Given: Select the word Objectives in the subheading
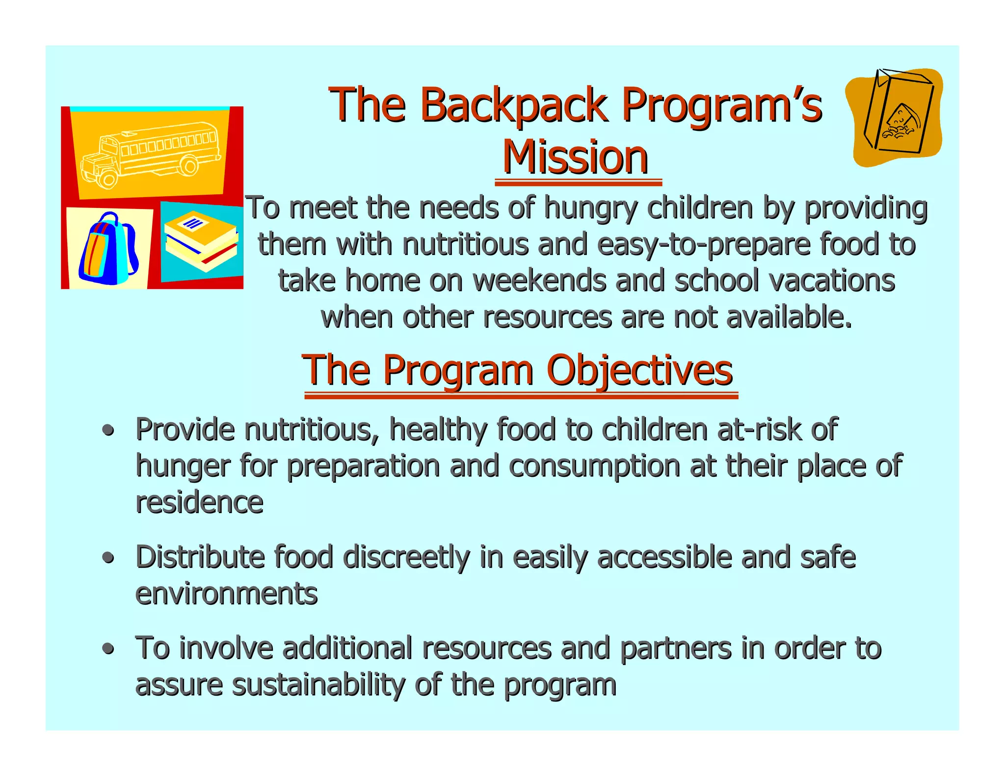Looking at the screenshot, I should (639, 370).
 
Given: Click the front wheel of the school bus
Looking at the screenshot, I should (107, 179).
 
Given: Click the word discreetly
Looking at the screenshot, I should (406, 558).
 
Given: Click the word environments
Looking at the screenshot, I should (226, 594).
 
